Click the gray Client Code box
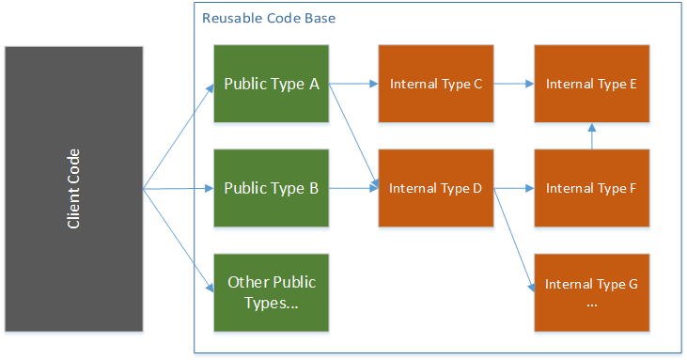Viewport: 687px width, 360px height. pyautogui.click(x=73, y=189)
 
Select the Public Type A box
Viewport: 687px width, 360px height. pyautogui.click(x=272, y=84)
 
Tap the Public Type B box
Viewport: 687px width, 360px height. pyautogui.click(x=272, y=188)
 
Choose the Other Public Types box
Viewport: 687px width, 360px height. pyautogui.click(x=272, y=291)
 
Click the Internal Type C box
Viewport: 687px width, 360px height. pyautogui.click(x=435, y=84)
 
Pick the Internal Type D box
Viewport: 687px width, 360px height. pyautogui.click(x=435, y=188)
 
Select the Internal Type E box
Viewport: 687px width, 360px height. pyautogui.click(x=591, y=84)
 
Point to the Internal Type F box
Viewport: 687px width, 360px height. pyautogui.click(x=591, y=188)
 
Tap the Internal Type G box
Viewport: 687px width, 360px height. pyautogui.click(x=591, y=291)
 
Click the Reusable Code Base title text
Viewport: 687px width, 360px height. pyautogui.click(x=269, y=19)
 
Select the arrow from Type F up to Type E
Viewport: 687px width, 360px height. pyautogui.click(x=591, y=136)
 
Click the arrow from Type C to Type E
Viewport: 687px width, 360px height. pyautogui.click(x=513, y=84)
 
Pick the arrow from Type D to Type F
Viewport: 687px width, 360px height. pyautogui.click(x=513, y=188)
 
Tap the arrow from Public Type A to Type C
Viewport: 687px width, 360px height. pyautogui.click(x=353, y=84)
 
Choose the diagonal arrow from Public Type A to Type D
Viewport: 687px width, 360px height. pyautogui.click(x=353, y=134)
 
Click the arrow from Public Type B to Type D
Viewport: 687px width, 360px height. pyautogui.click(x=353, y=188)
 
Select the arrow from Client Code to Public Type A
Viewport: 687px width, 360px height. pyautogui.click(x=179, y=137)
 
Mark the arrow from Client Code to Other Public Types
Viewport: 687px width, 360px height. pyautogui.click(x=179, y=240)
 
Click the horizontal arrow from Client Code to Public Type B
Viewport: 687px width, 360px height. pyautogui.click(x=179, y=189)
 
